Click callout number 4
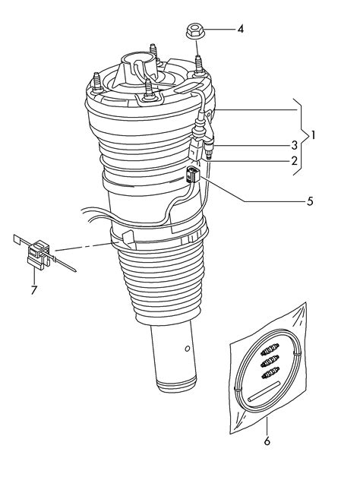(x=241, y=30)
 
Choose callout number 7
(x=33, y=289)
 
